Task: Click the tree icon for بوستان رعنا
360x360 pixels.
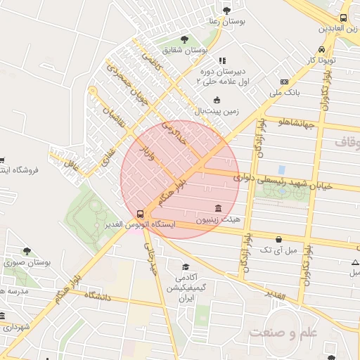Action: coord(226,10)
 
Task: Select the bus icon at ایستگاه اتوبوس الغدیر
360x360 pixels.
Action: coord(141,213)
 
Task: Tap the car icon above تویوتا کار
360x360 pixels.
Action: coord(321,50)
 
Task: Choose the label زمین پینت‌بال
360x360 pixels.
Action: coord(217,111)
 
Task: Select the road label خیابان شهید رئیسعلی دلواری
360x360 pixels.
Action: coord(276,180)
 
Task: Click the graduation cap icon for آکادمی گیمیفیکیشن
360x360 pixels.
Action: coord(186,267)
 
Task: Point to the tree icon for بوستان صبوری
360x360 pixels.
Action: coord(27,251)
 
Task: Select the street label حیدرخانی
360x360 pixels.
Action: coord(152,257)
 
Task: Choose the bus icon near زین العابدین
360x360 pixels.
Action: coord(343,18)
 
